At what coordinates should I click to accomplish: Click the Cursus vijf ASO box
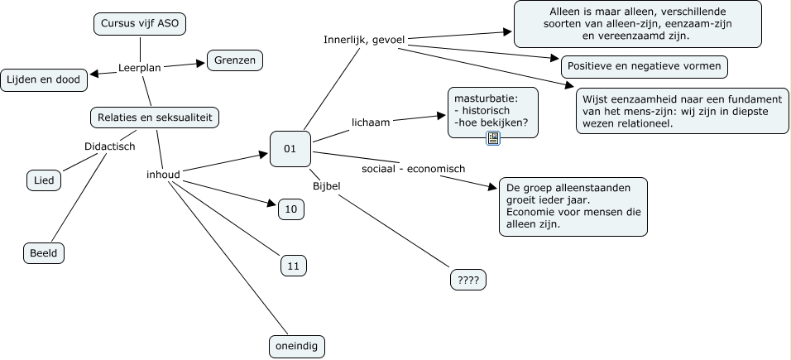pyautogui.click(x=139, y=25)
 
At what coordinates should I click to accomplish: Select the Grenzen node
pyautogui.click(x=234, y=60)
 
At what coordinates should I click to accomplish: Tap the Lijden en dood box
pyautogui.click(x=45, y=79)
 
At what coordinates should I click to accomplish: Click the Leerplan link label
pyautogui.click(x=139, y=68)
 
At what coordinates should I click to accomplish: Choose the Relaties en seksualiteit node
pyautogui.click(x=155, y=118)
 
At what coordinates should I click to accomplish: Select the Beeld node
pyautogui.click(x=43, y=253)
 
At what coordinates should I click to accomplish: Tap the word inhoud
pyautogui.click(x=163, y=174)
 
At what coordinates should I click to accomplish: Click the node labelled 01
pyautogui.click(x=290, y=149)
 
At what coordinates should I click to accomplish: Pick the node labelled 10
pyautogui.click(x=290, y=209)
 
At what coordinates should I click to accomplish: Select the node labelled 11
pyautogui.click(x=293, y=266)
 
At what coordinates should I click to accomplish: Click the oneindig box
pyautogui.click(x=297, y=345)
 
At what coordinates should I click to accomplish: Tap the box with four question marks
pyautogui.click(x=467, y=281)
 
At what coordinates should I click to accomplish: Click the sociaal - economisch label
pyautogui.click(x=413, y=169)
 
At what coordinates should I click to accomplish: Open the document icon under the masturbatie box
pyautogui.click(x=493, y=138)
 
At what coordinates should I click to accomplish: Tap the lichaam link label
pyautogui.click(x=371, y=122)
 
